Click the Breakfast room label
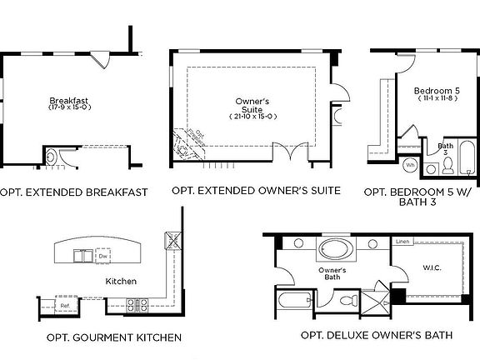click(x=68, y=100)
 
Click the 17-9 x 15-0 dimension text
click(x=68, y=107)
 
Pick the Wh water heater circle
click(x=411, y=165)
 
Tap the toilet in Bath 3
click(x=447, y=166)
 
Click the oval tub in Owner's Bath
click(x=338, y=249)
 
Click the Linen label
click(x=402, y=242)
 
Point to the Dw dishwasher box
click(x=103, y=254)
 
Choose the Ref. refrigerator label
click(x=64, y=305)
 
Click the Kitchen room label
click(x=121, y=282)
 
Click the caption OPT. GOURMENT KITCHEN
click(x=115, y=337)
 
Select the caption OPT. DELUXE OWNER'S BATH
click(x=377, y=335)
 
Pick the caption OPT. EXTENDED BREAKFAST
click(x=74, y=192)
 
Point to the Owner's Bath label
click(x=332, y=274)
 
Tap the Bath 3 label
click(x=446, y=148)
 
